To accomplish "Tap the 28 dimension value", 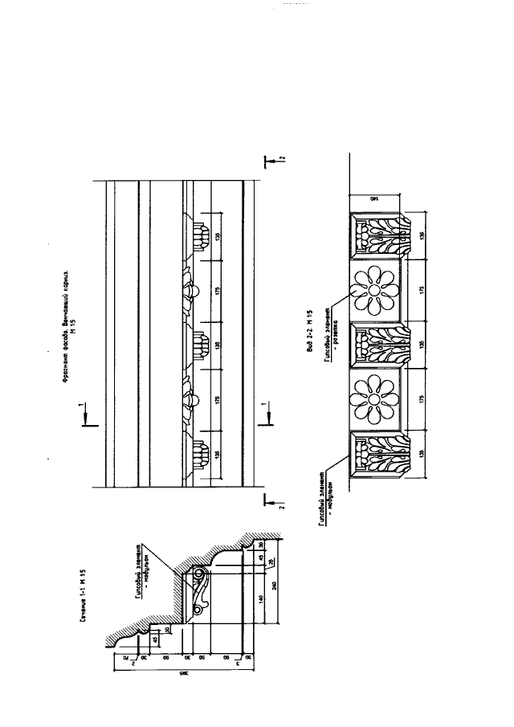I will point(269,560).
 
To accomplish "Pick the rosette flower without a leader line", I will point(374,399).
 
